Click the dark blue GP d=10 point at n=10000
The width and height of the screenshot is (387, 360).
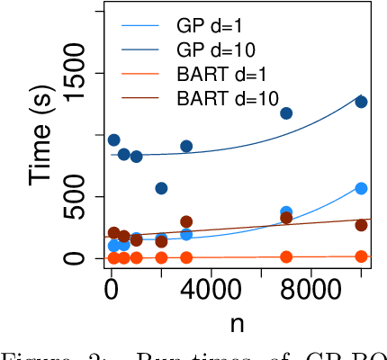point(361,102)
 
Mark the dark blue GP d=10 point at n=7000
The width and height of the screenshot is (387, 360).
point(286,113)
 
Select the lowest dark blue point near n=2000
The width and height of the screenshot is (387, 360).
point(161,188)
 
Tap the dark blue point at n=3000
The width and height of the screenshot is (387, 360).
point(186,146)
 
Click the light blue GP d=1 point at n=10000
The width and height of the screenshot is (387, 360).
point(361,188)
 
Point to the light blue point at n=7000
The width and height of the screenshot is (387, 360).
point(286,212)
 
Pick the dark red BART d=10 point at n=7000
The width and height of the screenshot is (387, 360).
point(286,218)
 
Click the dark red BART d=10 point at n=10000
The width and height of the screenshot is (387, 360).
point(361,225)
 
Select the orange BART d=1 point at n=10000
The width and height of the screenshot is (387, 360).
point(361,256)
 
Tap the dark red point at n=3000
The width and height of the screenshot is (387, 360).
point(186,221)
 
